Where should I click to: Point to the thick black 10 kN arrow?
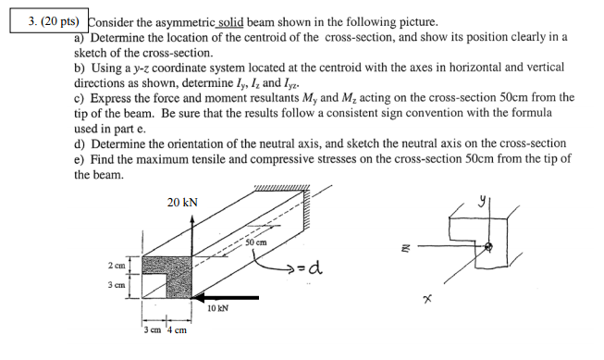227,297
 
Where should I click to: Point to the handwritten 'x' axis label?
426,299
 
